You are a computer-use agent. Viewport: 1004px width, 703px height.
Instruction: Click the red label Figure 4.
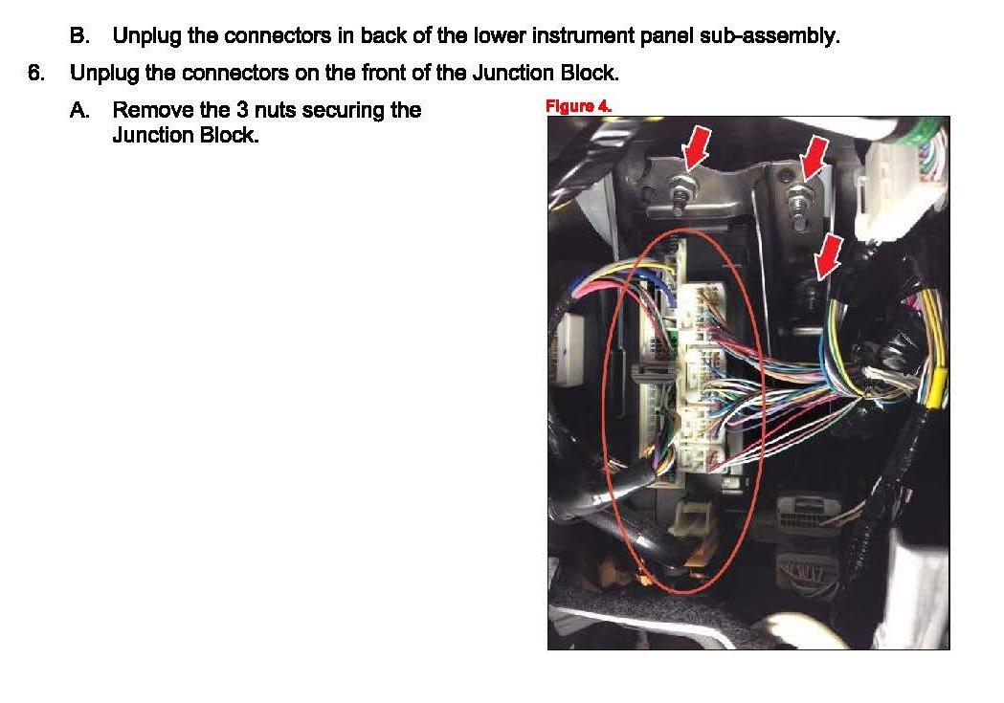tap(578, 106)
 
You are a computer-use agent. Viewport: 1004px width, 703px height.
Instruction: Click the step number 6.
tap(36, 73)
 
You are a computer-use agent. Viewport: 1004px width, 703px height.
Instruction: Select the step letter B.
tap(79, 37)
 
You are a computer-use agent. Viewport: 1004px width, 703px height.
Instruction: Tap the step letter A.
tap(79, 110)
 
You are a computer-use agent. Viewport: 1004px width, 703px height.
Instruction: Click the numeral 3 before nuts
tap(242, 110)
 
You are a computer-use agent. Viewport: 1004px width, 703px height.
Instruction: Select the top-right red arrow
tap(814, 155)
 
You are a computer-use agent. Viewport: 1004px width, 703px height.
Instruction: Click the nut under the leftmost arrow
tap(685, 189)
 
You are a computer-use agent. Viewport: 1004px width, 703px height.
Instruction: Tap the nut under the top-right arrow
tap(798, 199)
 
